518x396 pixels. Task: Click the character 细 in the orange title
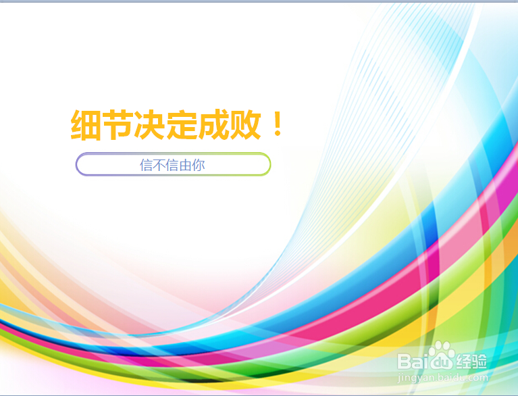[86, 126]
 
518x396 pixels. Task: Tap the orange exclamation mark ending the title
[277, 126]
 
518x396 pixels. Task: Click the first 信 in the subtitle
[147, 165]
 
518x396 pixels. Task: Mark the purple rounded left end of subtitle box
[78, 164]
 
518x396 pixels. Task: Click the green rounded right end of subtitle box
[268, 164]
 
